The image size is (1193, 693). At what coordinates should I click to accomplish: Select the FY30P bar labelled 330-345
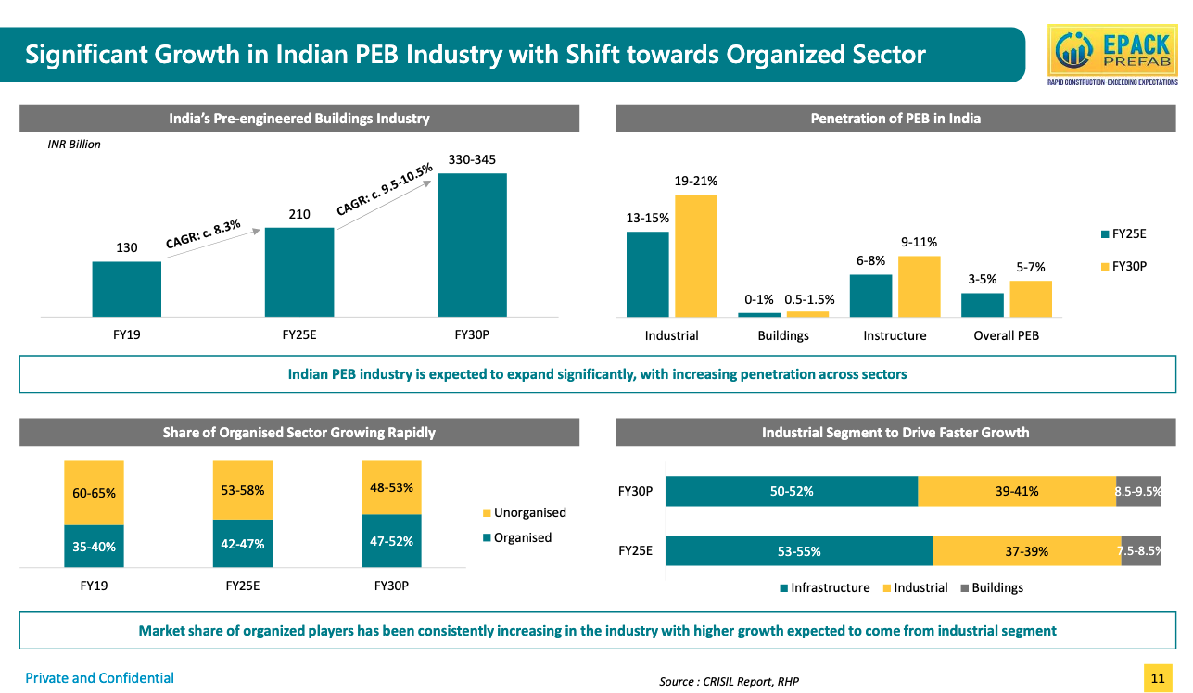pyautogui.click(x=472, y=245)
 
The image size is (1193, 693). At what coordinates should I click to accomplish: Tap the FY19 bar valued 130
pyautogui.click(x=126, y=289)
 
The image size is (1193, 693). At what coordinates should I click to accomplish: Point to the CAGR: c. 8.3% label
pyautogui.click(x=204, y=233)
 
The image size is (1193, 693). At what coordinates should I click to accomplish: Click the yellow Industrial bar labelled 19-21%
pyautogui.click(x=695, y=256)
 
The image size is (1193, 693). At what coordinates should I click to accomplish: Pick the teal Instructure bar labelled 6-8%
pyautogui.click(x=870, y=296)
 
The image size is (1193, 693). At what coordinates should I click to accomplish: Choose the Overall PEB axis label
pyautogui.click(x=1006, y=335)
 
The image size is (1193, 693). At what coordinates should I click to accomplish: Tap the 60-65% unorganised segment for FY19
pyautogui.click(x=94, y=493)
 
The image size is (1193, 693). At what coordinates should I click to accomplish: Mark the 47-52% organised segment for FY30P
pyautogui.click(x=391, y=540)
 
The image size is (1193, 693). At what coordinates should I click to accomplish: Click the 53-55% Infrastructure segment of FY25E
pyautogui.click(x=798, y=551)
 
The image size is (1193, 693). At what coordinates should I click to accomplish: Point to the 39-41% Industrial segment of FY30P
pyautogui.click(x=1016, y=492)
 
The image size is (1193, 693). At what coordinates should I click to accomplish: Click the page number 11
pyautogui.click(x=1157, y=678)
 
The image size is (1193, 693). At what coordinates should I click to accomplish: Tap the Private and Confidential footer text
pyautogui.click(x=99, y=678)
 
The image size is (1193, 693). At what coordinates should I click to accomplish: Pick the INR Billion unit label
pyautogui.click(x=74, y=145)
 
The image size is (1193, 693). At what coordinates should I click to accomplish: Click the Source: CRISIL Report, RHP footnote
pyautogui.click(x=729, y=682)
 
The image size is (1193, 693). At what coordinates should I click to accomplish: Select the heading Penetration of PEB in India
pyautogui.click(x=895, y=119)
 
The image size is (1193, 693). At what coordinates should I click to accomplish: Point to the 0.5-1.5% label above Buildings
pyautogui.click(x=809, y=299)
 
